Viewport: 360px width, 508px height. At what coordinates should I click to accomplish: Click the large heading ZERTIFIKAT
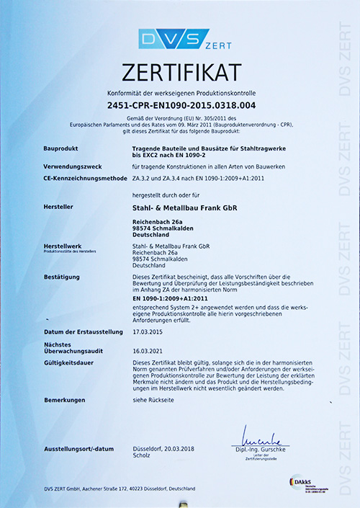[x=181, y=73]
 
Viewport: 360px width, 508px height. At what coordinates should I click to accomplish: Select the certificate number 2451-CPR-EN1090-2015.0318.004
[x=181, y=106]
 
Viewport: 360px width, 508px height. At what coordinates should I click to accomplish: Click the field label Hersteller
[x=59, y=208]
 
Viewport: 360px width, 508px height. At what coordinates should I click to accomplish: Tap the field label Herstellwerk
[x=63, y=246]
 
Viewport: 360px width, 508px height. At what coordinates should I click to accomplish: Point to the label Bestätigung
[x=63, y=277]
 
